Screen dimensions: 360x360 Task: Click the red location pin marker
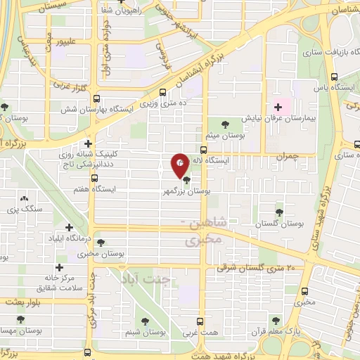point(180,165)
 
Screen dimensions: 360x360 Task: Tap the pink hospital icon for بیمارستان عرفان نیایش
point(278,108)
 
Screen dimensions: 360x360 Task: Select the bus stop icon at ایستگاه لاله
point(202,150)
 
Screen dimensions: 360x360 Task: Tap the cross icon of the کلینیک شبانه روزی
point(88,143)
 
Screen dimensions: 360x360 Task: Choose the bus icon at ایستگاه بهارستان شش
point(96,99)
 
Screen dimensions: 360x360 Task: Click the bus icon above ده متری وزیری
point(163,91)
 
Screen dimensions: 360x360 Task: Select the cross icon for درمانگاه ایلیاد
point(69,227)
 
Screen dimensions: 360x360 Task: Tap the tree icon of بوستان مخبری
point(102,243)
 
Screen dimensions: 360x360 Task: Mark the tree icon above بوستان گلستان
point(280,210)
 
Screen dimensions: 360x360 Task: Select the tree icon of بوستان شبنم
point(146,321)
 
